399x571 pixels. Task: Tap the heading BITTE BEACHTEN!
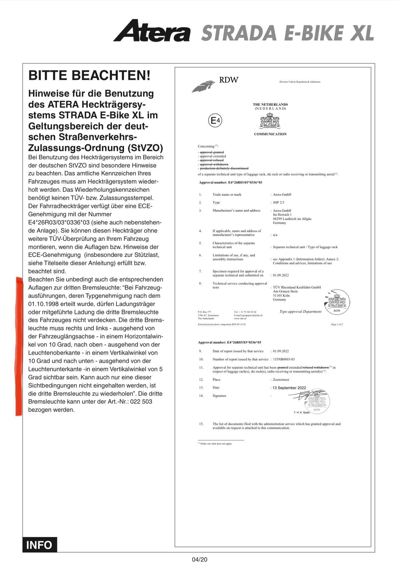(89, 75)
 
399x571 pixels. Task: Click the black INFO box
(40, 545)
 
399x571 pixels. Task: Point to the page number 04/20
(199, 559)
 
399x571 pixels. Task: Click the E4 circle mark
(215, 121)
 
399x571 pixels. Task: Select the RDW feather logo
(203, 86)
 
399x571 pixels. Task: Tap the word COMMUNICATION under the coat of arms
(270, 134)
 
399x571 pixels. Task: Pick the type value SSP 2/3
(279, 203)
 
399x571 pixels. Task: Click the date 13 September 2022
(289, 388)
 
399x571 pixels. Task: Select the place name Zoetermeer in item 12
(281, 380)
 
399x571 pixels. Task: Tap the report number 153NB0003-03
(284, 359)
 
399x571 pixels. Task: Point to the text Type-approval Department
(300, 312)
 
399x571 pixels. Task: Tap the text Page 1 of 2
(337, 324)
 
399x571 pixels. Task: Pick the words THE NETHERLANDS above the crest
(270, 104)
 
